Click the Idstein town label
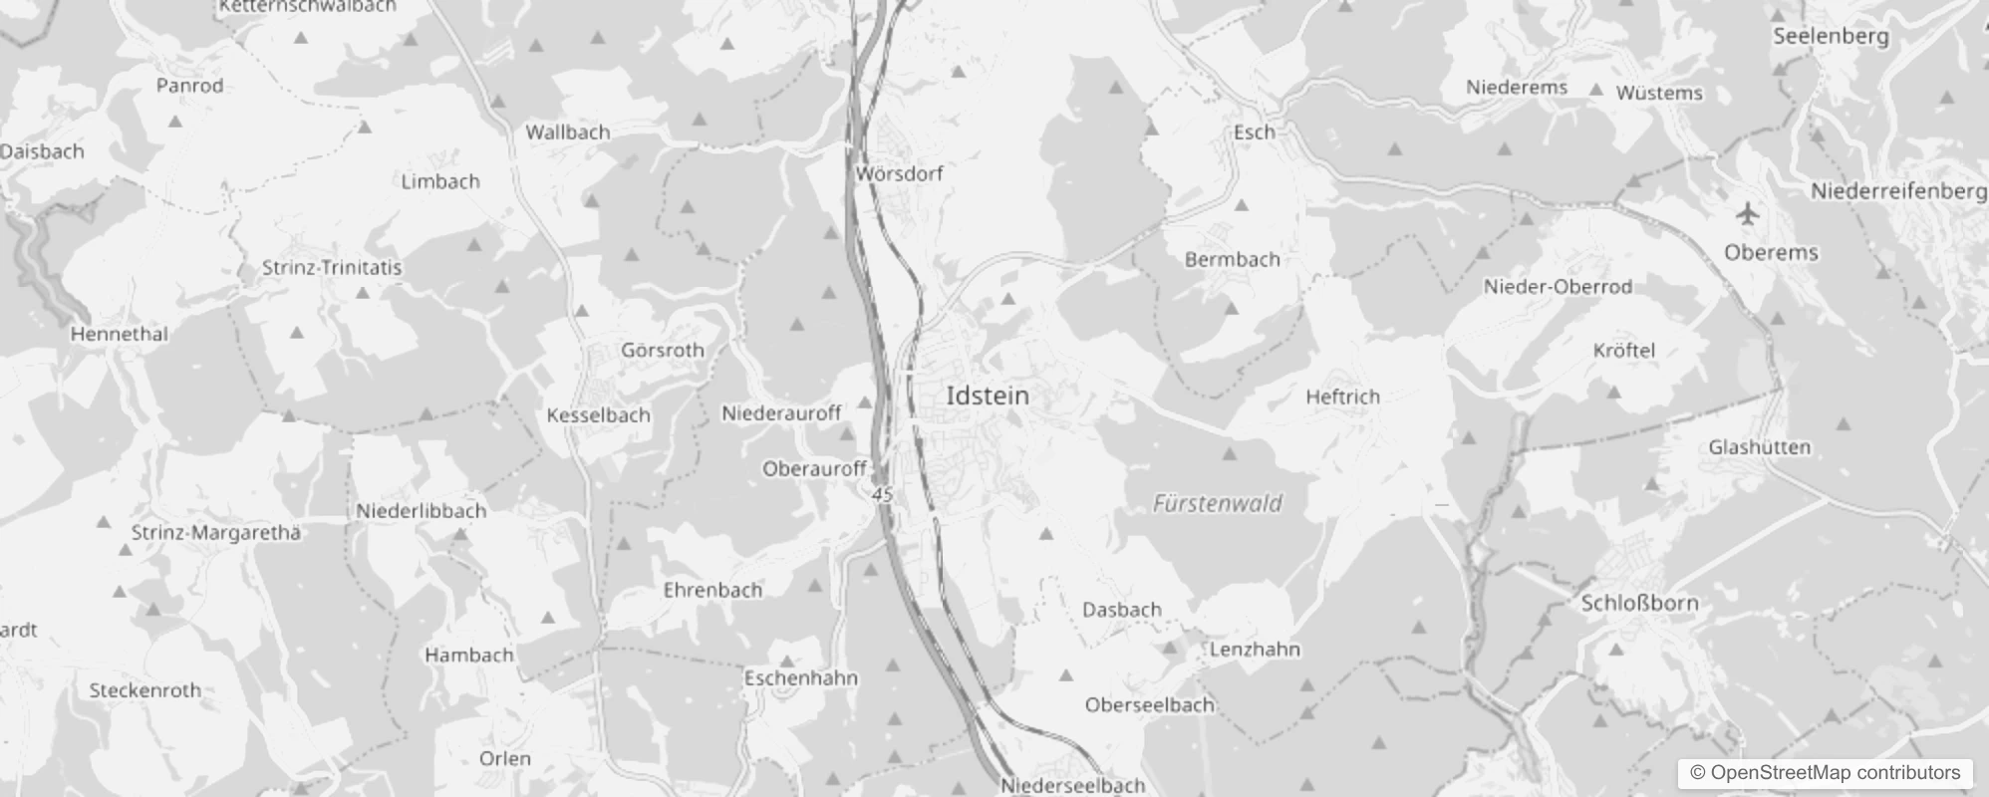[987, 396]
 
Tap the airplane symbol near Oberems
[1747, 213]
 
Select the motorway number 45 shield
[882, 494]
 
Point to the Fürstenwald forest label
[1217, 503]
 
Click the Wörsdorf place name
[899, 173]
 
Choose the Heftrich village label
[1342, 397]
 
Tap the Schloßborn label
[1639, 603]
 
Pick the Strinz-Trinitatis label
[332, 267]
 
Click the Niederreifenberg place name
[1897, 190]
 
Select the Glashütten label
[1759, 447]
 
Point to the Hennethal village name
[119, 334]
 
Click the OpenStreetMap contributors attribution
[1825, 772]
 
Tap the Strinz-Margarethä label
[215, 532]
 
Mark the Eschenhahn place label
[800, 677]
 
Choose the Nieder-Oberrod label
[1558, 287]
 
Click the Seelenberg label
[1831, 36]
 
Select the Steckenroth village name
[144, 689]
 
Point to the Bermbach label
[1232, 259]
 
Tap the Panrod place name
[189, 86]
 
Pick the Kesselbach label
[598, 415]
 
